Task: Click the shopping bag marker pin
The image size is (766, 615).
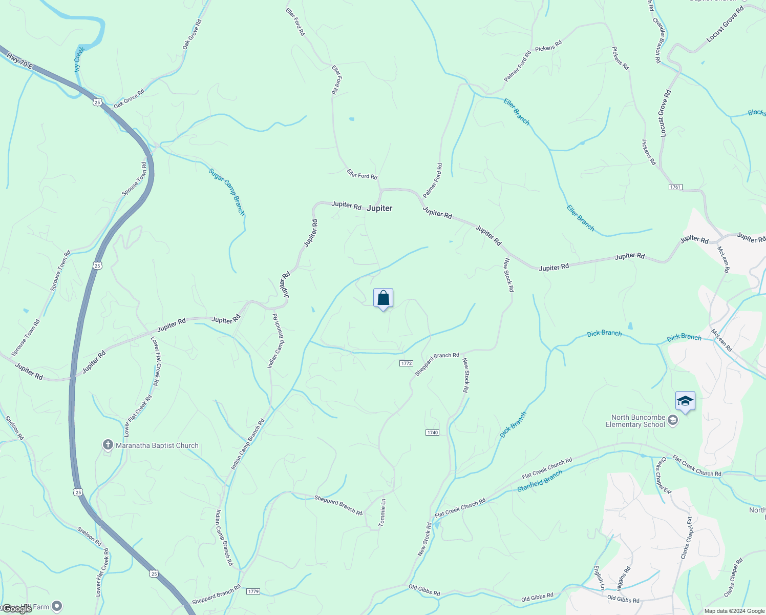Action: [384, 298]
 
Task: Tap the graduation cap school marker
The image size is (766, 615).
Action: [685, 401]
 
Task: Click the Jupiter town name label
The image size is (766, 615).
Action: [379, 208]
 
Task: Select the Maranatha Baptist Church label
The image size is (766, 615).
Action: [157, 445]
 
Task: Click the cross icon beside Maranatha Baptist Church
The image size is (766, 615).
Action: [108, 445]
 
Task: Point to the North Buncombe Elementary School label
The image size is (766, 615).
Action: [635, 421]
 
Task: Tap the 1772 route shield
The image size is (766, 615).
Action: [406, 363]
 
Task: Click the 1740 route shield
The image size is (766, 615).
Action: [432, 433]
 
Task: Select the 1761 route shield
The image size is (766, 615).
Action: [675, 187]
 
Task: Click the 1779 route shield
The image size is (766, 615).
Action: [253, 591]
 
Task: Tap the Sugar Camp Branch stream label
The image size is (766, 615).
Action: [227, 192]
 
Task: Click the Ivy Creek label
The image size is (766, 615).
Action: [79, 59]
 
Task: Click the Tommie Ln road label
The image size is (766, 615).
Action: [382, 512]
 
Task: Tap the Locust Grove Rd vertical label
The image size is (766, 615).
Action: [665, 113]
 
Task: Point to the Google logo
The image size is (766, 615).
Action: [17, 609]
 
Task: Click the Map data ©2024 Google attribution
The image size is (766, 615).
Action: [734, 611]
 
